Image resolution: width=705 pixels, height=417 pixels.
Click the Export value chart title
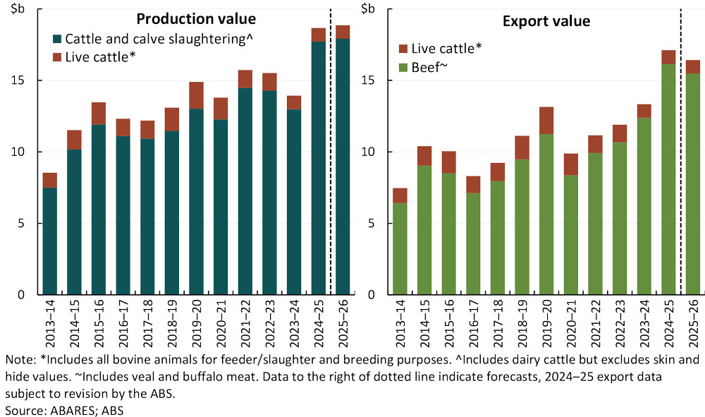click(546, 20)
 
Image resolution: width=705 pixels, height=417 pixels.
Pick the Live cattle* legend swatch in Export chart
click(403, 49)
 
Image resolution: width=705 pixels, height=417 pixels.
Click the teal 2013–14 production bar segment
click(50, 241)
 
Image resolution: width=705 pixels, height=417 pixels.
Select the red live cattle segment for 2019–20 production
click(196, 95)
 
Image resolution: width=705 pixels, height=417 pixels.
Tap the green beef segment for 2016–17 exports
click(474, 243)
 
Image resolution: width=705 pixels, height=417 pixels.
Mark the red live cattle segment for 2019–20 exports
click(546, 121)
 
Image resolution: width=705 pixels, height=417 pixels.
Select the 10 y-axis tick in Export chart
click(372, 152)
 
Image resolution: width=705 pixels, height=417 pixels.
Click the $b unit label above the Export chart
click(368, 8)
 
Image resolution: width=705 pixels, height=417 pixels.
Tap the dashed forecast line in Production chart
click(331, 141)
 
